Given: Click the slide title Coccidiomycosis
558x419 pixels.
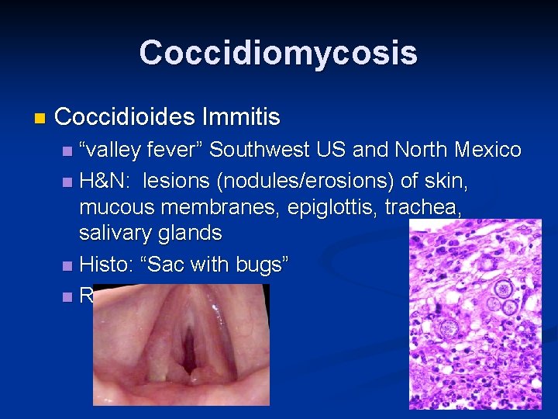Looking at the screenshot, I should coord(278,53).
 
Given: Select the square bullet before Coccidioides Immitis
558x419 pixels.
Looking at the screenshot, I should coord(40,119).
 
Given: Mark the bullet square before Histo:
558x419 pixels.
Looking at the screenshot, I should coord(67,265).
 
